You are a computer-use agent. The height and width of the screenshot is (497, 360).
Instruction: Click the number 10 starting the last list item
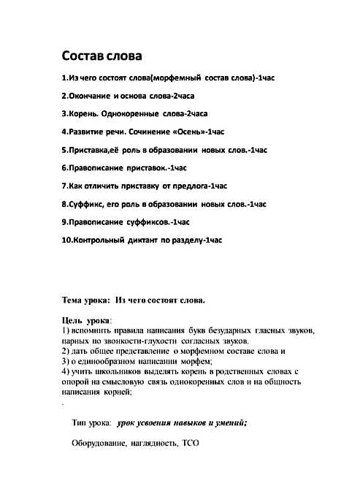click(66, 239)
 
